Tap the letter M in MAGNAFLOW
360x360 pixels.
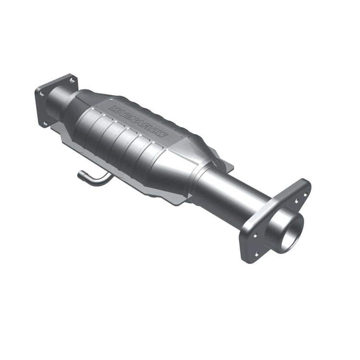tap(114, 109)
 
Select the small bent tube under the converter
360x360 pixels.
tap(94, 178)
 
